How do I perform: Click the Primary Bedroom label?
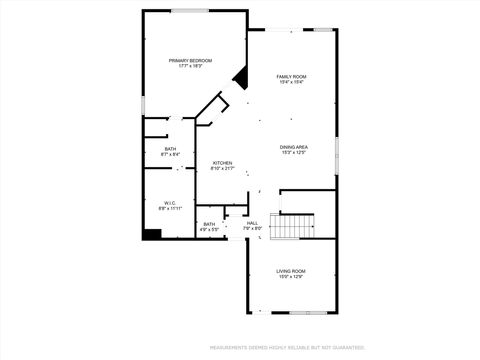point(190,60)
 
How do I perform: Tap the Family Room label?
point(291,76)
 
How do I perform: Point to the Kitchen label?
point(222,162)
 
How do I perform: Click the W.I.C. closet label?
point(168,203)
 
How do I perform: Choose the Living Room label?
point(291,270)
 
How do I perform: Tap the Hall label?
point(252,223)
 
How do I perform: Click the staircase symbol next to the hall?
point(291,226)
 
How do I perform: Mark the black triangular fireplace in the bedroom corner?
point(241,77)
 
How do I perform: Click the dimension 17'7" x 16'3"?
point(190,66)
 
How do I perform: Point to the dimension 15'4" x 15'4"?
point(291,82)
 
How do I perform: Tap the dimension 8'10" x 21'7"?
point(222,168)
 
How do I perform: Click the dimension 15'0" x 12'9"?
point(291,276)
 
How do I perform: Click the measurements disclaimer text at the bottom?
point(287,348)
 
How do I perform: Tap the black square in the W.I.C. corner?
point(152,234)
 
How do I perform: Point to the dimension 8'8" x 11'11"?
point(168,209)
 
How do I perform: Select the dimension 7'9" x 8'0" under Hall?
point(252,229)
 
